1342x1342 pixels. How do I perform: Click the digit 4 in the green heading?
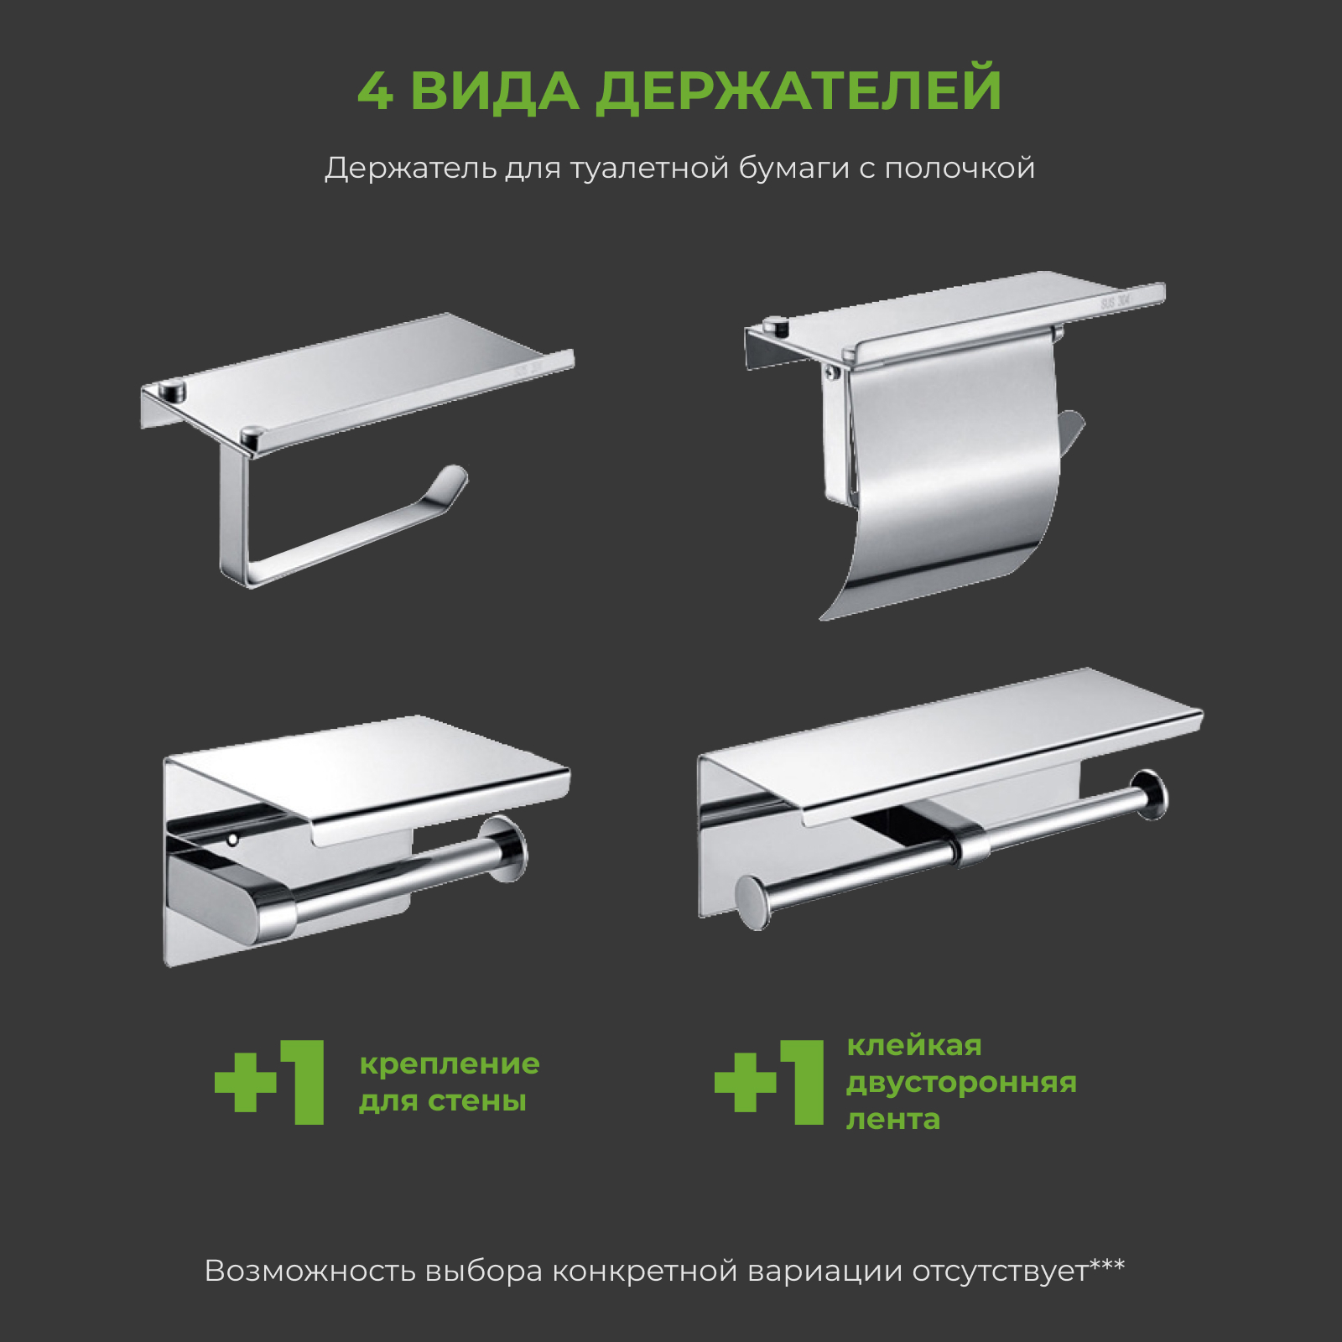(375, 91)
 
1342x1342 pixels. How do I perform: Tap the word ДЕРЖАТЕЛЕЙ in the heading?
(798, 91)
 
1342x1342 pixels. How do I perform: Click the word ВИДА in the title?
(494, 91)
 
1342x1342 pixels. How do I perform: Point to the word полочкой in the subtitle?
(960, 169)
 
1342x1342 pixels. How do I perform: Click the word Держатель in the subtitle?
(410, 169)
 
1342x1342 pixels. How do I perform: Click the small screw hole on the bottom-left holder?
(232, 838)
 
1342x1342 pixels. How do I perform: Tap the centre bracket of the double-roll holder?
(970, 842)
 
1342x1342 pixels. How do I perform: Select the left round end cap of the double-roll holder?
(752, 902)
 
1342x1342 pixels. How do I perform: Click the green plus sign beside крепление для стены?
(245, 1082)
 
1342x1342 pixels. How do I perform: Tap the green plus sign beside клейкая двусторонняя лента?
(745, 1082)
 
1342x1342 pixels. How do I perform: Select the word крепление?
(450, 1064)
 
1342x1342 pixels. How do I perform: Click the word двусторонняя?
(961, 1083)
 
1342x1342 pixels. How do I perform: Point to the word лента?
(893, 1120)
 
